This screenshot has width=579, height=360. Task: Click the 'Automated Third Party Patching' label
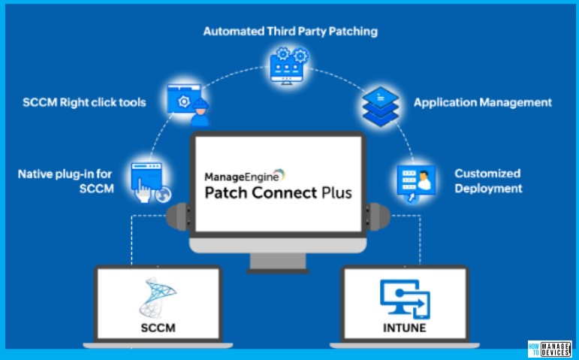click(290, 32)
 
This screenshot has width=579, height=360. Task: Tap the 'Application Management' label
click(483, 102)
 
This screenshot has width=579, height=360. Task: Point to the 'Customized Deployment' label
click(487, 181)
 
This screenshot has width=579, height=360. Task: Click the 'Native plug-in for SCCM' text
click(66, 181)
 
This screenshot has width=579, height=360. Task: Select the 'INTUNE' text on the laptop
click(404, 328)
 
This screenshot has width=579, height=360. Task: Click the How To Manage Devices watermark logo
click(549, 349)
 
